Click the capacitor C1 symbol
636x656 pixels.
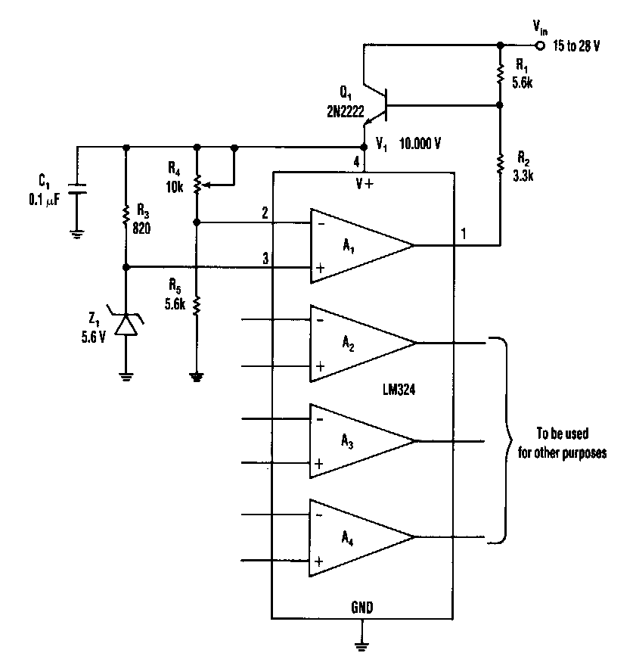click(76, 188)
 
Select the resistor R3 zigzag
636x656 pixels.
click(126, 215)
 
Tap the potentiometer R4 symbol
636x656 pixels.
click(197, 184)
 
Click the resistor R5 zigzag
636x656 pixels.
click(197, 304)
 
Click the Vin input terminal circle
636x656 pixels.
click(539, 45)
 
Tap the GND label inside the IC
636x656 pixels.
click(362, 607)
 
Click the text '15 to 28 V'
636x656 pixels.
click(576, 45)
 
